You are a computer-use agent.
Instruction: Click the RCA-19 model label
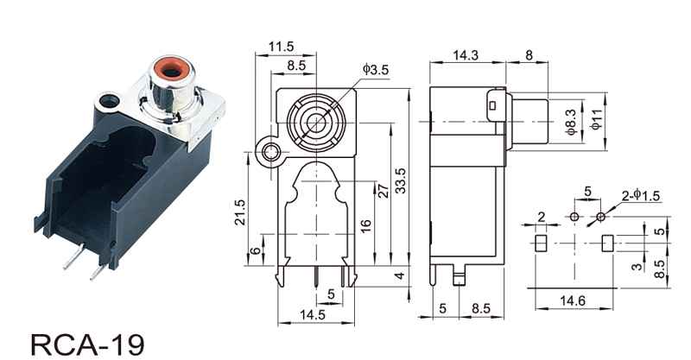(84, 344)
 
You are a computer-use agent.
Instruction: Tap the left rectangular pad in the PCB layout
(542, 242)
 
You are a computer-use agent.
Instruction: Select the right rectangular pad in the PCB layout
(607, 242)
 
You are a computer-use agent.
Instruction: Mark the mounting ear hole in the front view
(271, 155)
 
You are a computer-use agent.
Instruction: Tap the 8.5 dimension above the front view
(295, 64)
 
